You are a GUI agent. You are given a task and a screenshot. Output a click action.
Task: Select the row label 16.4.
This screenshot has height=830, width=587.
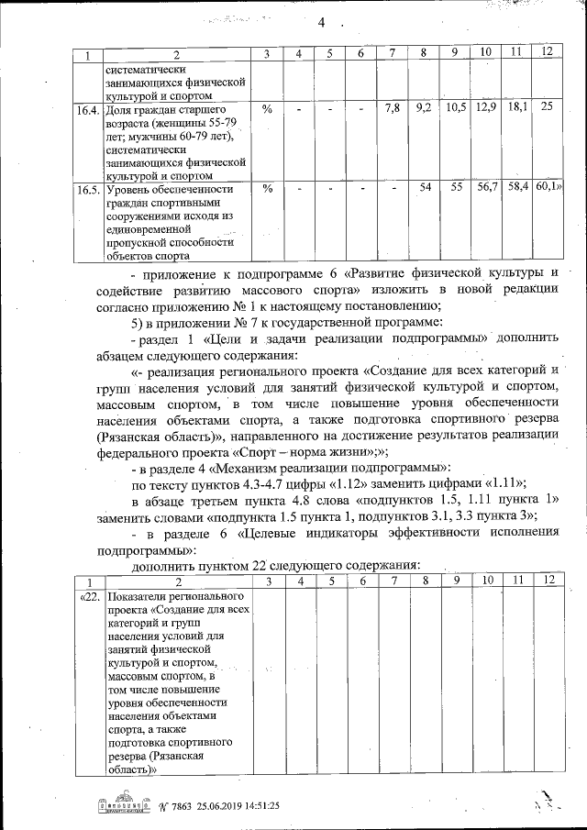click(87, 108)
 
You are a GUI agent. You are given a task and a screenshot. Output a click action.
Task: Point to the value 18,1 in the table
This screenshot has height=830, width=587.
click(517, 108)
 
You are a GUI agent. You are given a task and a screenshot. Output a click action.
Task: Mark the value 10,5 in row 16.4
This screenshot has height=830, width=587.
click(455, 108)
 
